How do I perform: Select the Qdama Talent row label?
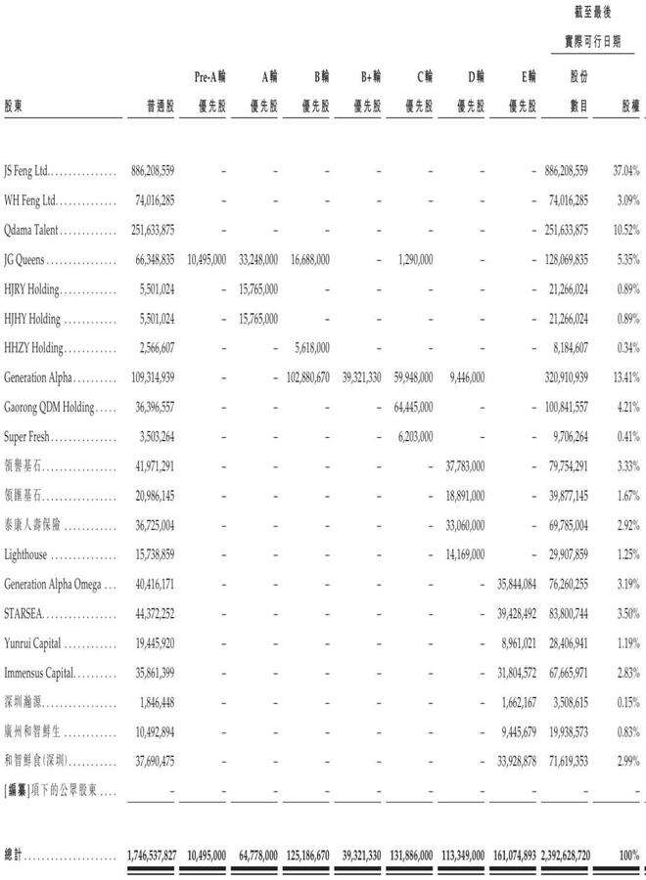tap(32, 230)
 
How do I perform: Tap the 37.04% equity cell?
tap(625, 170)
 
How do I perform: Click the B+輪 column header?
tap(368, 75)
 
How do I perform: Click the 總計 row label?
tap(15, 854)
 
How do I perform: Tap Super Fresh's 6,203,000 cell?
tap(413, 436)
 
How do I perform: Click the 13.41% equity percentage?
tap(625, 377)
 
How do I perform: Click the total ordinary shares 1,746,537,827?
tap(152, 854)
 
